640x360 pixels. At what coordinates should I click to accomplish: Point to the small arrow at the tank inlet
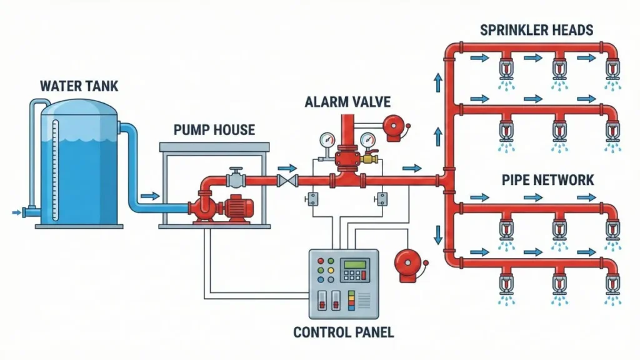point(16,213)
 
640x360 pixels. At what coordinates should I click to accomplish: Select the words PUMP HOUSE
point(214,130)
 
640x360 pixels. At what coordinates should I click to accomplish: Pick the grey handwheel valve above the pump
point(235,177)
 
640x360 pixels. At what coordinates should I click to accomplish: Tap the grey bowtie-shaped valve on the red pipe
point(287,181)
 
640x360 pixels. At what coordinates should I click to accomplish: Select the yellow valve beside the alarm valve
point(369,160)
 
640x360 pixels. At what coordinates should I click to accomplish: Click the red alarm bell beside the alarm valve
point(394,127)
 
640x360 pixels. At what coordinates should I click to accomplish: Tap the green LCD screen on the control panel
point(354,264)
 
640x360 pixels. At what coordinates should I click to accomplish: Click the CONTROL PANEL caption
point(343,332)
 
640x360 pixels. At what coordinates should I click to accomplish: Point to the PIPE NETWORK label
point(547,181)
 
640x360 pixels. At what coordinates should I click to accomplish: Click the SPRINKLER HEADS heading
point(536,29)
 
